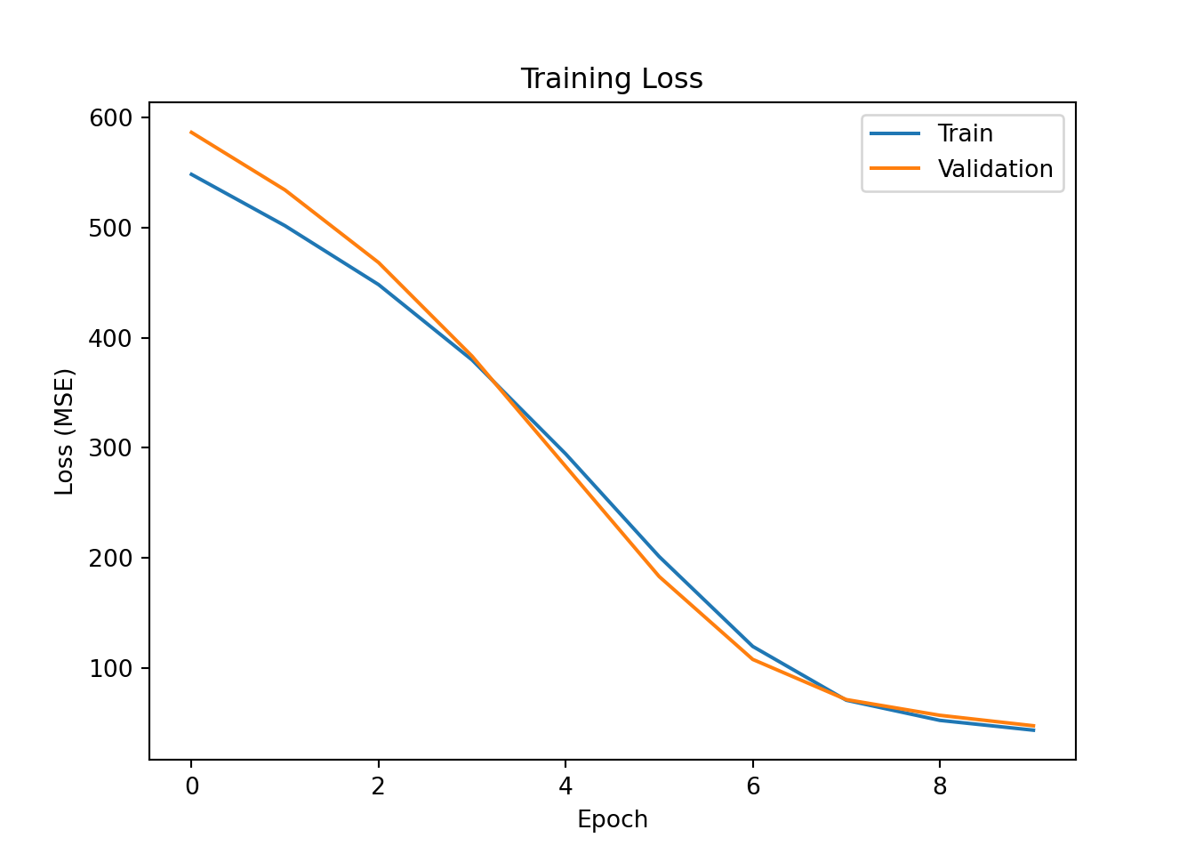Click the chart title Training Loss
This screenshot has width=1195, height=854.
click(x=612, y=79)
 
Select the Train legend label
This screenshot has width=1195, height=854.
click(x=965, y=133)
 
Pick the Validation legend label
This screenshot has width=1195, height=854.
click(x=995, y=169)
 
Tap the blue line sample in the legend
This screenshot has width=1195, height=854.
click(x=894, y=133)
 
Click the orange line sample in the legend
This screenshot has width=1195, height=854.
click(x=894, y=169)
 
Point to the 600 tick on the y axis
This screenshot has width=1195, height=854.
click(x=110, y=118)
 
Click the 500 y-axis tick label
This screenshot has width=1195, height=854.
click(x=110, y=229)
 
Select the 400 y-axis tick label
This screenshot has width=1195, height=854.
click(x=110, y=339)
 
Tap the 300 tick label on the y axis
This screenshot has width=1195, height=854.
click(x=110, y=448)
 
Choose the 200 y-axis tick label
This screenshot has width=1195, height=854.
click(x=110, y=559)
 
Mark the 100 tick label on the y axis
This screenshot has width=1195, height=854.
click(x=110, y=669)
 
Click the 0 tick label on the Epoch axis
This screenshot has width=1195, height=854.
click(x=191, y=786)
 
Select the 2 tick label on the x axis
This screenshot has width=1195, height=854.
click(x=379, y=786)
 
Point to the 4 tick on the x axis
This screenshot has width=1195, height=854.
click(x=565, y=786)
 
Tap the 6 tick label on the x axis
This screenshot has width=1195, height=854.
click(x=753, y=786)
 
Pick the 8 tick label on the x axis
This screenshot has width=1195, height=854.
click(x=940, y=786)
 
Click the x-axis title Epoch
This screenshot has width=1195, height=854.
click(x=612, y=819)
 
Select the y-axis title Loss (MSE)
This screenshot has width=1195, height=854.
click(x=65, y=431)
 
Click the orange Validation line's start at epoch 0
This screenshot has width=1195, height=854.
click(x=191, y=132)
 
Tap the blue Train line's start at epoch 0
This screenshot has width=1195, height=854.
click(x=191, y=174)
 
